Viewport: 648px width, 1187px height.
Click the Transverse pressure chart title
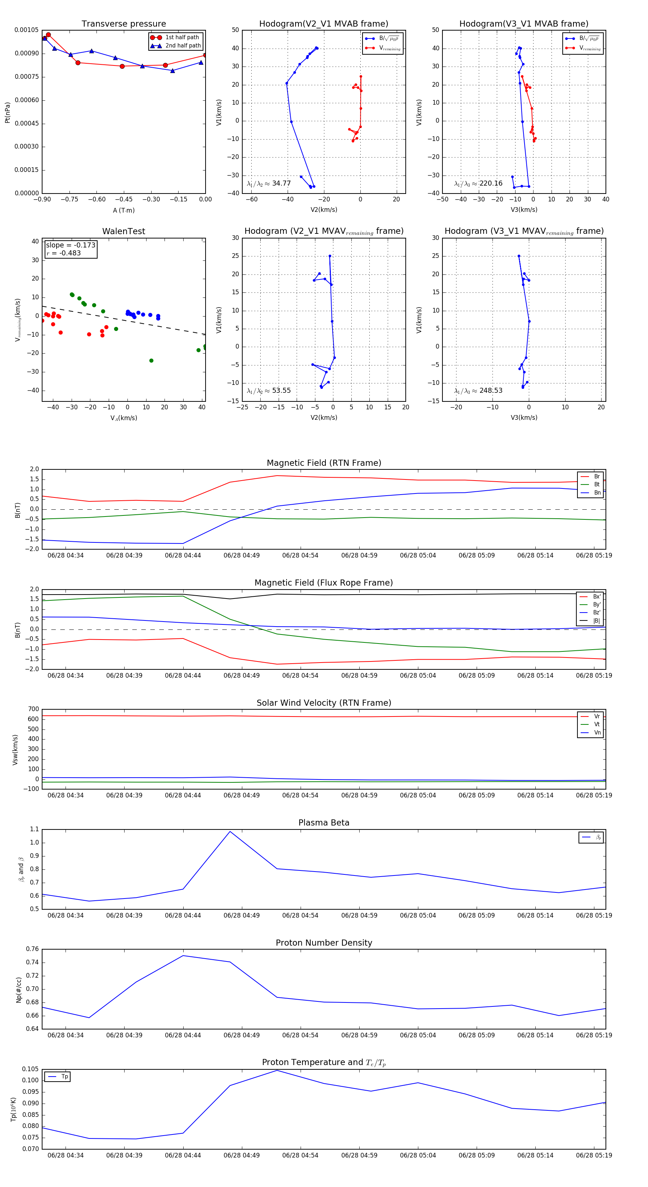[x=123, y=24]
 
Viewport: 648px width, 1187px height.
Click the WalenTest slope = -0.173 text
[x=71, y=245]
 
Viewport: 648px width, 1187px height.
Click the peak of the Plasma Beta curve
[x=230, y=831]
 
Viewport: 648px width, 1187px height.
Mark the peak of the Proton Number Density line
[x=183, y=956]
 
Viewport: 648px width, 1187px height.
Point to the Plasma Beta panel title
[x=324, y=823]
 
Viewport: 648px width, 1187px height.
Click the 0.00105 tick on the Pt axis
[x=26, y=30]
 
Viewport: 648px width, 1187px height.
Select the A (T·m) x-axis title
[x=123, y=210]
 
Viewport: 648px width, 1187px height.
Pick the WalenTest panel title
[x=123, y=231]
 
